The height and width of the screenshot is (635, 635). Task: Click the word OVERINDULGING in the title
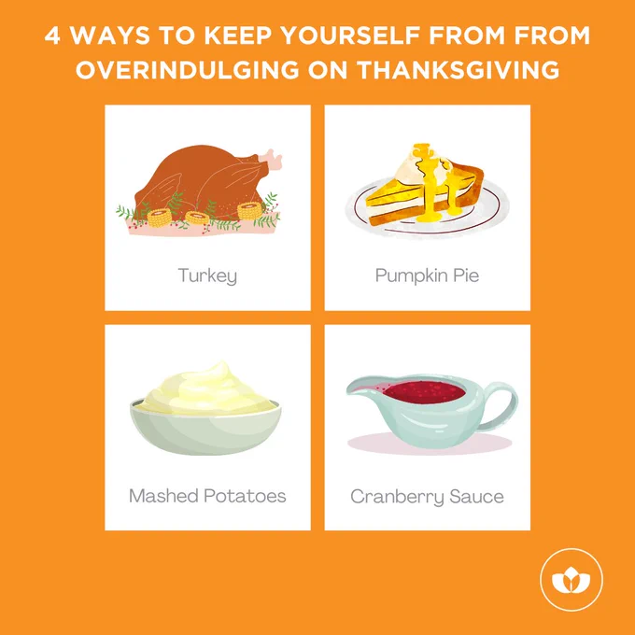tap(188, 70)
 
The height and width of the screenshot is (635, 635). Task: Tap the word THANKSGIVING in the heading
tap(459, 70)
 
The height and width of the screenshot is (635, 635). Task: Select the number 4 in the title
tap(52, 35)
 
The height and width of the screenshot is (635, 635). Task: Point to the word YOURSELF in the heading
tap(350, 35)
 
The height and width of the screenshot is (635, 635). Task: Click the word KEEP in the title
tap(238, 35)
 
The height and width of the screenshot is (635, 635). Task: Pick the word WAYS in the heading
tap(110, 35)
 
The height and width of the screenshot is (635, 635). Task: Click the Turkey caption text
tap(207, 276)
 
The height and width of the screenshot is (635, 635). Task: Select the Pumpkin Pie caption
tap(428, 276)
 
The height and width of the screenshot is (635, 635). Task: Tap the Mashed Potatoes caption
tap(207, 496)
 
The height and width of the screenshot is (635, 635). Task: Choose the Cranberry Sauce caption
tap(428, 497)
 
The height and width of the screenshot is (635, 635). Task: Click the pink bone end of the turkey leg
tap(271, 159)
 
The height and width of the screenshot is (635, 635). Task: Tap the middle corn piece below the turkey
tap(198, 218)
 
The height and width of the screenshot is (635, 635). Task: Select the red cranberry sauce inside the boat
tap(424, 392)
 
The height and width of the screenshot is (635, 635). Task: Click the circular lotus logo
tap(571, 580)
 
